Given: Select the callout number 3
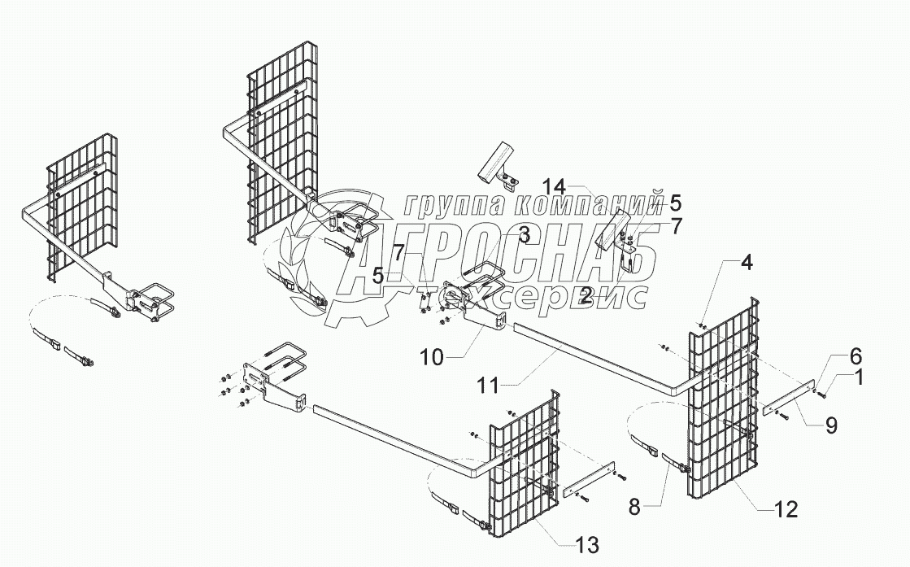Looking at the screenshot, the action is pyautogui.click(x=524, y=235).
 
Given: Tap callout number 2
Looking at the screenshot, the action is pyautogui.click(x=586, y=297).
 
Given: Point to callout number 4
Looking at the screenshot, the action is pyautogui.click(x=746, y=263).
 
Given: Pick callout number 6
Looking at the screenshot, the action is pyautogui.click(x=833, y=355).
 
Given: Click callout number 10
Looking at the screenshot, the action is pyautogui.click(x=433, y=355).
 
